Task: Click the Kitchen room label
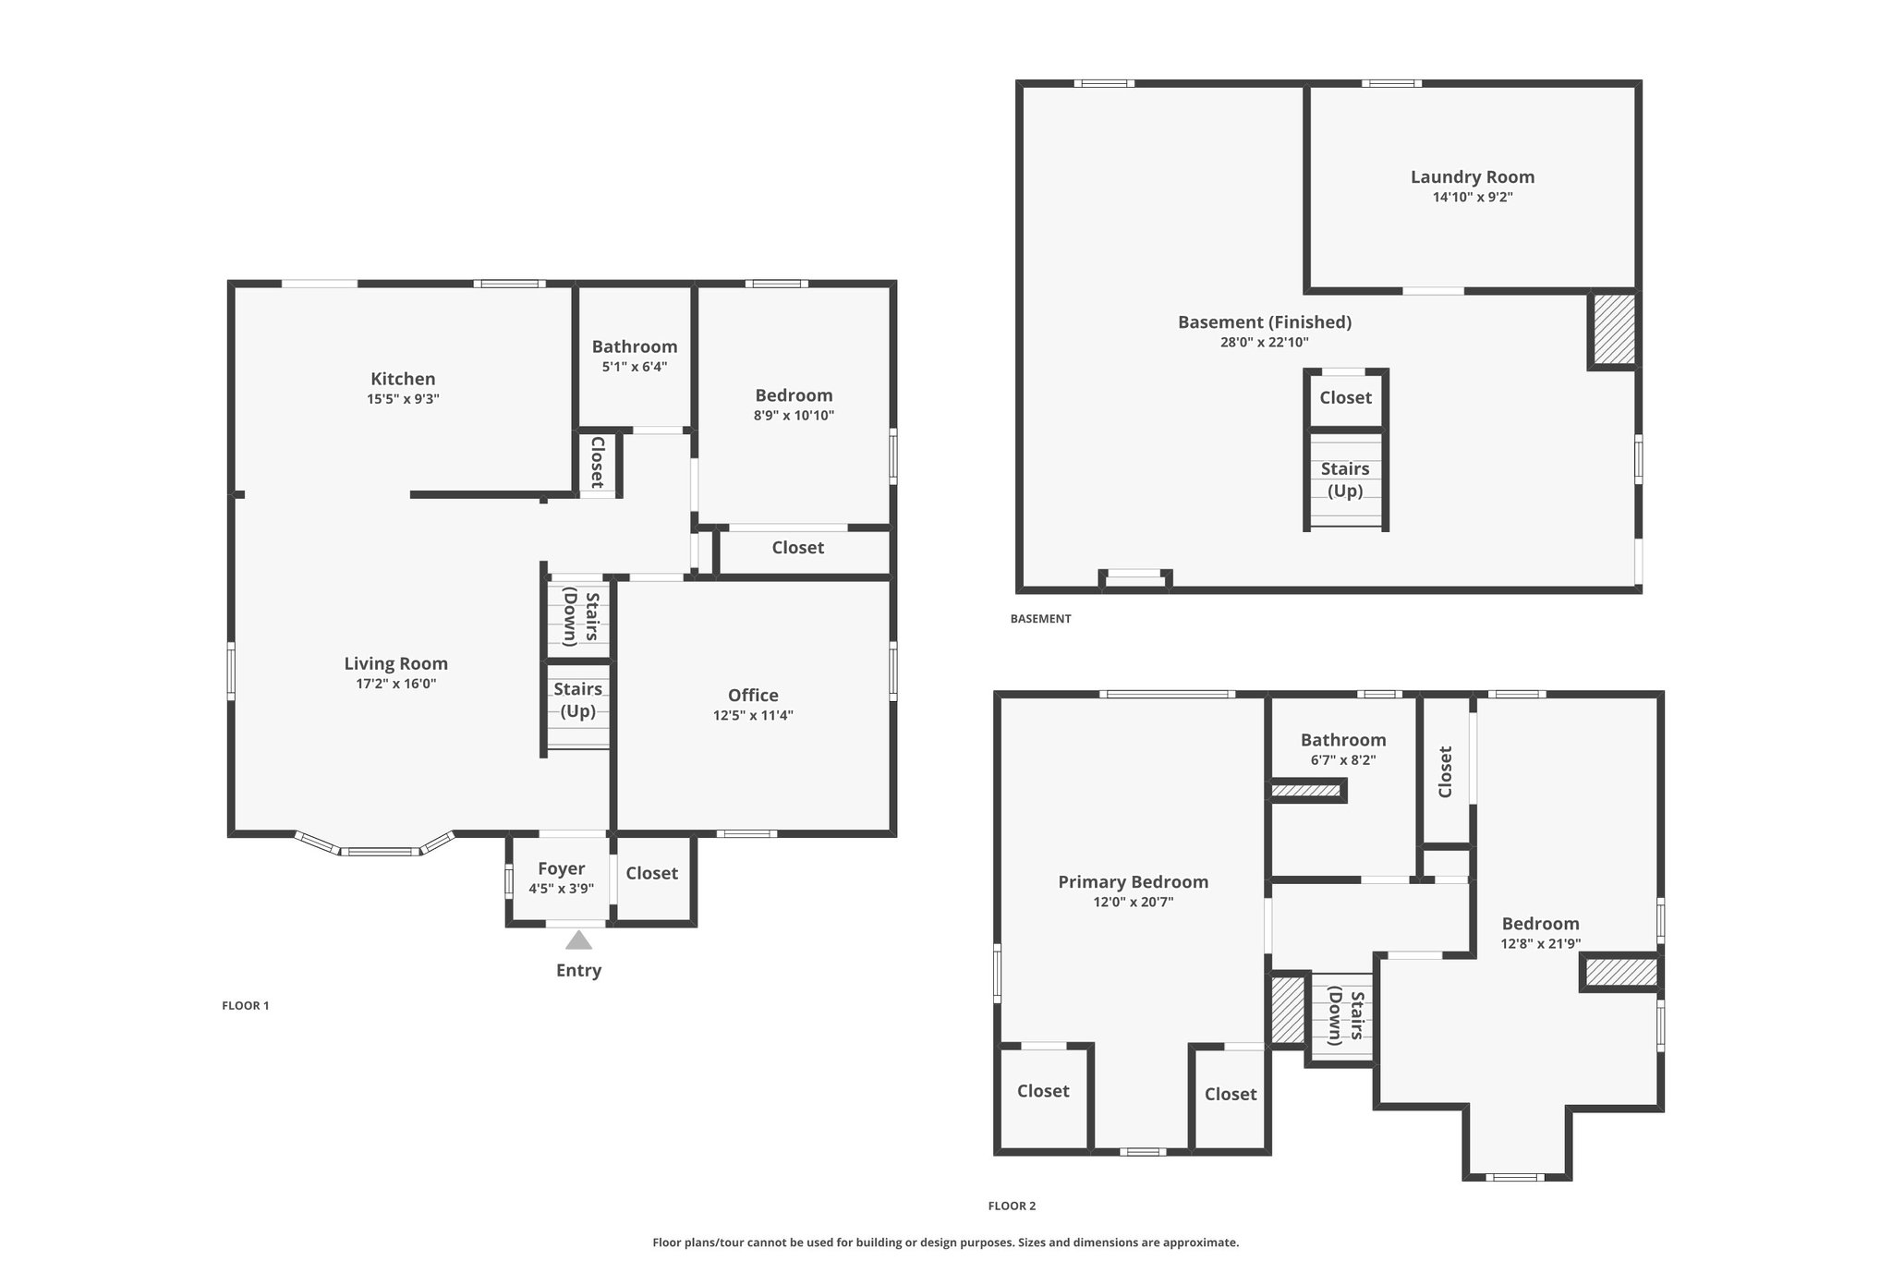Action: point(403,379)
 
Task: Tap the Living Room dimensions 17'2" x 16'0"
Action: point(396,685)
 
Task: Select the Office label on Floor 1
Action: point(753,696)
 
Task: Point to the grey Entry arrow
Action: point(578,940)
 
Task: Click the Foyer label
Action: point(562,869)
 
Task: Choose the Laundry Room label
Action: point(1473,177)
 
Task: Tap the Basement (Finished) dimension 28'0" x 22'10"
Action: point(1265,343)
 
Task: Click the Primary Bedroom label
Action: point(1134,882)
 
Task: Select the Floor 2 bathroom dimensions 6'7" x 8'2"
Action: point(1343,761)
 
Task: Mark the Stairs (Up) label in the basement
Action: point(1345,479)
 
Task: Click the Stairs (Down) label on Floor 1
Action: point(581,616)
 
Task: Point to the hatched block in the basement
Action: point(1613,331)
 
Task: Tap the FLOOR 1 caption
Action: point(246,1006)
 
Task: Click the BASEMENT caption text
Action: point(1041,619)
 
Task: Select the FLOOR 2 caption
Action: point(1013,1206)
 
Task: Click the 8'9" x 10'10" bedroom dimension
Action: point(794,416)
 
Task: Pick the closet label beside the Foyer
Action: point(652,874)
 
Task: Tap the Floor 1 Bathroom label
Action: point(635,347)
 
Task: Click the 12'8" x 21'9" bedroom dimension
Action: point(1541,944)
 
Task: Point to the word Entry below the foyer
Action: point(578,971)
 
